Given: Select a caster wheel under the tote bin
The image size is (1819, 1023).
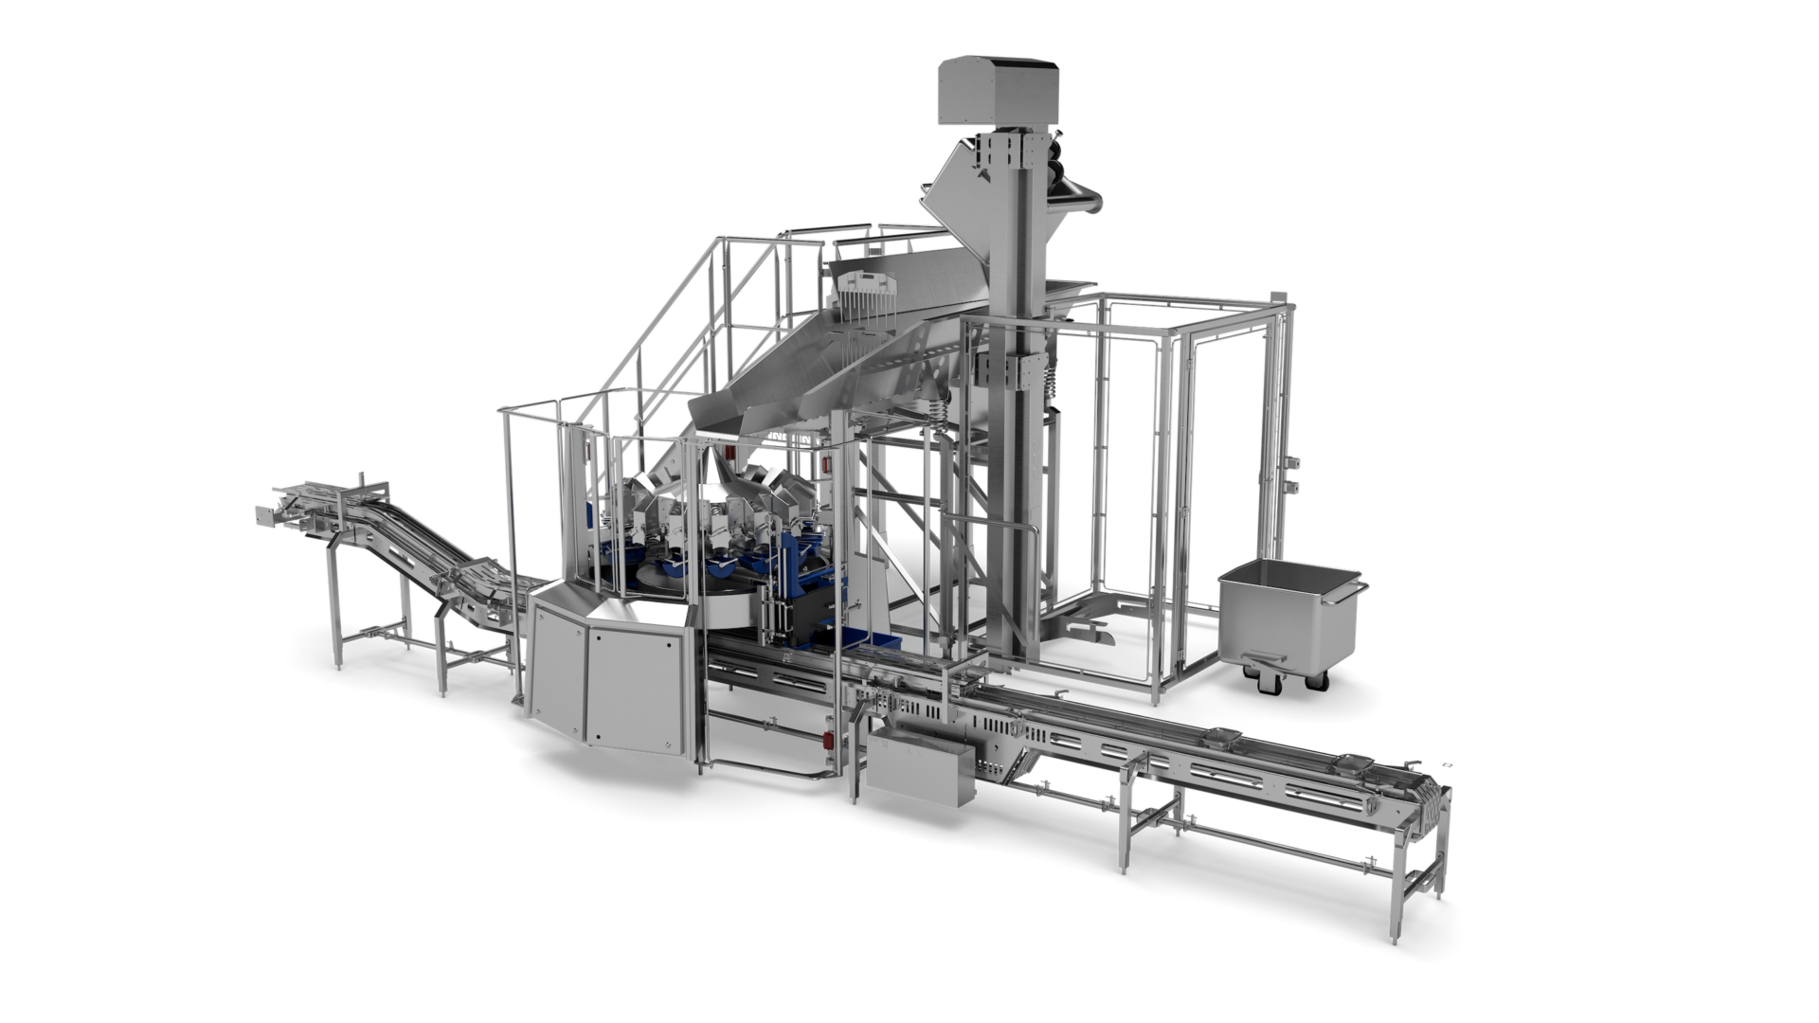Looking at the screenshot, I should click(1326, 678).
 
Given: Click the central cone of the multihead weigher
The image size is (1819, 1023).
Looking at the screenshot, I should click(712, 474).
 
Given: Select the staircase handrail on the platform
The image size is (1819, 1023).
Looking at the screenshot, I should click(654, 313).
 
